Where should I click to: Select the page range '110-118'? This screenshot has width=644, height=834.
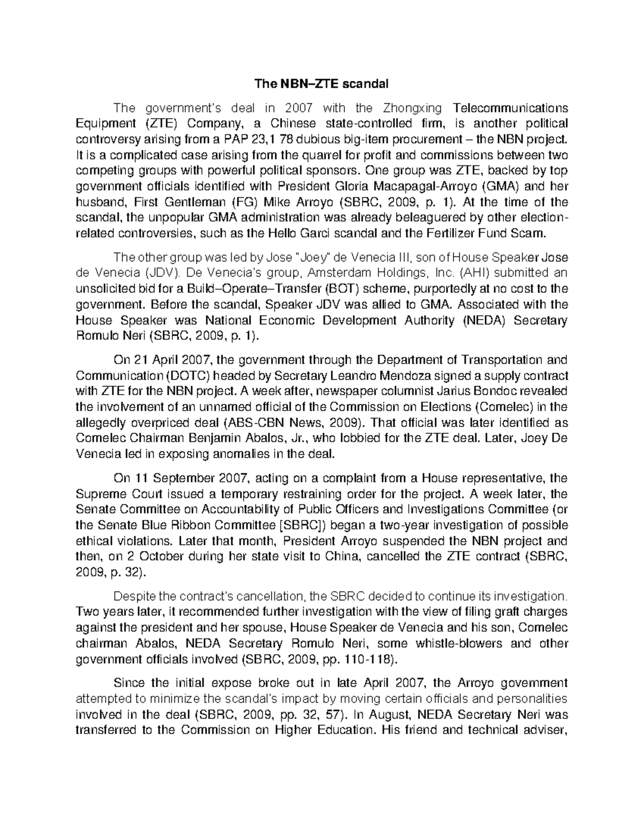point(365,659)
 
